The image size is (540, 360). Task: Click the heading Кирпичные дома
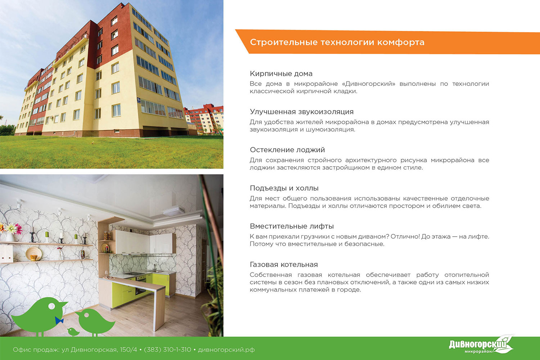(x=281, y=73)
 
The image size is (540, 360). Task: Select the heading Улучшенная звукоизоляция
(x=302, y=112)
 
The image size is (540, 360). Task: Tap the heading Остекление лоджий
(x=287, y=150)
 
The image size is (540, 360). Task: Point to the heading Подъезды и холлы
(x=284, y=188)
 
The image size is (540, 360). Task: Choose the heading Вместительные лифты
(x=292, y=226)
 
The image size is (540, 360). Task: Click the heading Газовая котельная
(x=284, y=265)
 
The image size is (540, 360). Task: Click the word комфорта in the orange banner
(x=401, y=42)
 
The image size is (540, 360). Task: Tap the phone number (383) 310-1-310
(x=167, y=350)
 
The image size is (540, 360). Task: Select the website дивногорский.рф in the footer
(x=226, y=350)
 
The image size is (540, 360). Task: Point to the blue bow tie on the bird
(x=59, y=320)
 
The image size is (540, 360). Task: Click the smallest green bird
(x=73, y=332)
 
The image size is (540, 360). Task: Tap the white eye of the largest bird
(x=51, y=306)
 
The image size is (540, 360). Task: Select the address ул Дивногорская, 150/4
(x=99, y=350)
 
